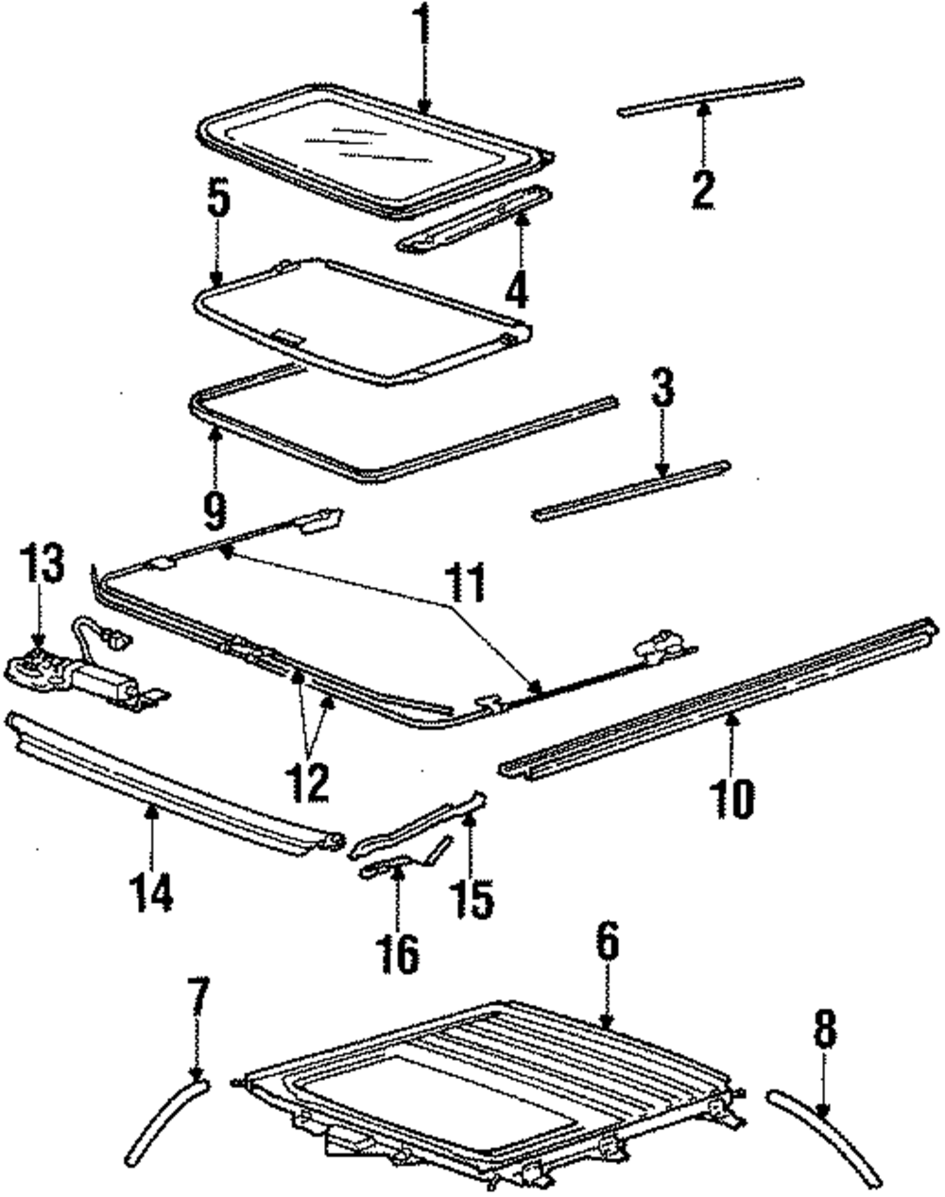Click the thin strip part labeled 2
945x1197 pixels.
[x=709, y=95]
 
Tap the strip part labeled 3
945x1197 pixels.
[x=630, y=491]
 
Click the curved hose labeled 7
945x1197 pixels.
[x=168, y=1120]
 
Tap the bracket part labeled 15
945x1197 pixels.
[x=421, y=827]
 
